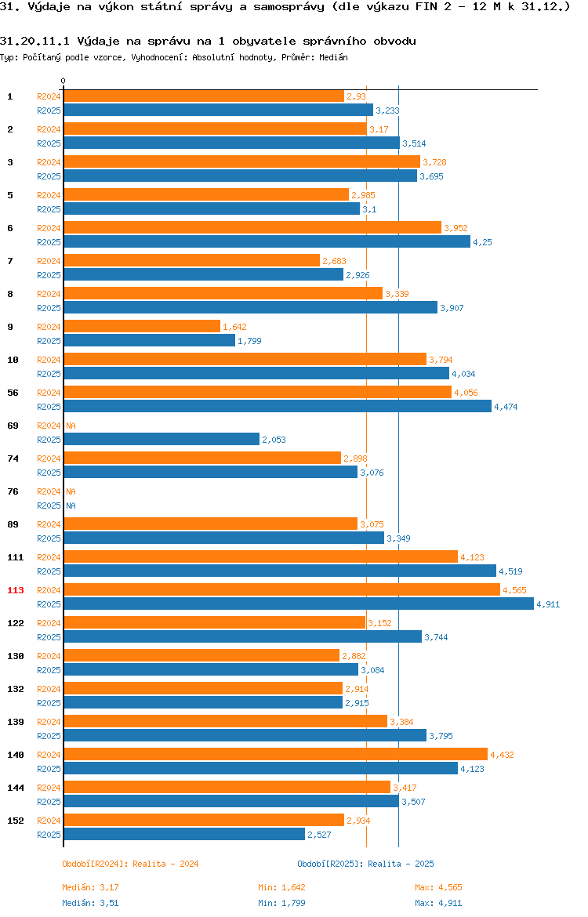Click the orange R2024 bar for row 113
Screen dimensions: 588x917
pos(282,589)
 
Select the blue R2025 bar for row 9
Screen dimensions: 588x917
pos(150,340)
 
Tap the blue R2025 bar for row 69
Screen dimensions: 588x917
pos(162,439)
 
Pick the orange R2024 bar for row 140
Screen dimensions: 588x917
pos(275,755)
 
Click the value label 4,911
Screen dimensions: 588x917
pos(548,604)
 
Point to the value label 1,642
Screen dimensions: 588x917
pos(234,326)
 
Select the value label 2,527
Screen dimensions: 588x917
pos(319,835)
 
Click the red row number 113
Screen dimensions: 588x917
pos(15,590)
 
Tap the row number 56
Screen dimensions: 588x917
pos(13,393)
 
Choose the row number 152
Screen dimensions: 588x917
pos(15,821)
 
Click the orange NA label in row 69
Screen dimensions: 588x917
pos(71,426)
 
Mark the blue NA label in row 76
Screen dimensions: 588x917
pos(71,506)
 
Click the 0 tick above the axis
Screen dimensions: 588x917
pos(64,81)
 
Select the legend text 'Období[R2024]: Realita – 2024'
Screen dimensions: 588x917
pos(130,864)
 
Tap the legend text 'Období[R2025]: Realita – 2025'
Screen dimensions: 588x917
pos(365,864)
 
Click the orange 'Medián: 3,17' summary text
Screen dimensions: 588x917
pos(91,887)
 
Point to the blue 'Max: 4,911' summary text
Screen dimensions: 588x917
pos(439,903)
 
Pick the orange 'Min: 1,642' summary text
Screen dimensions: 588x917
pos(282,887)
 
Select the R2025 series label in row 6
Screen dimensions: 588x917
pos(49,242)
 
